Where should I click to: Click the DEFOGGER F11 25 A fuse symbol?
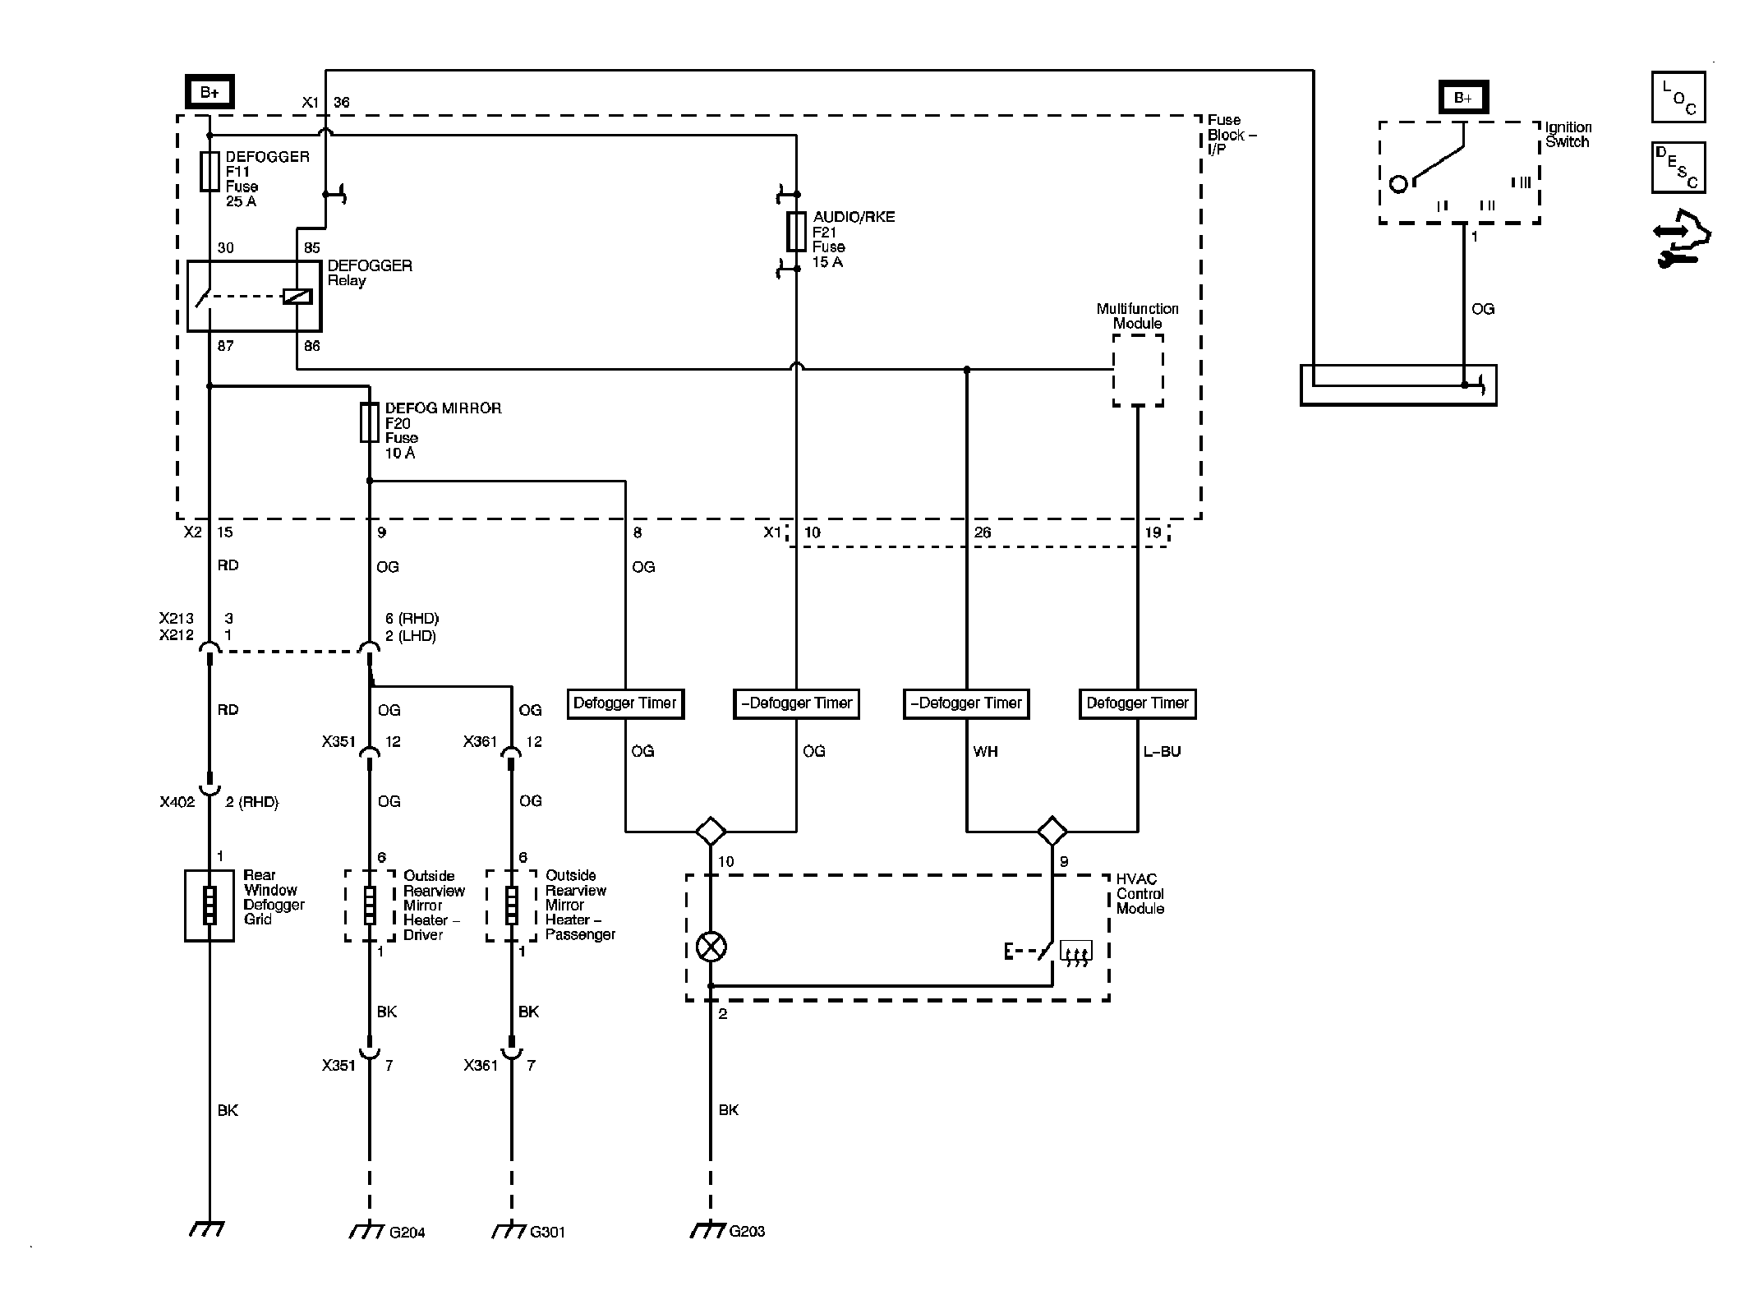209,171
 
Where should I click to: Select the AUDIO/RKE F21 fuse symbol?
796,231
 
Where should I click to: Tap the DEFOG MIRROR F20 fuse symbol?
370,422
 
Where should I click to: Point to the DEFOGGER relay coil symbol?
297,297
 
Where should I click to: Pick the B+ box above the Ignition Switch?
1463,99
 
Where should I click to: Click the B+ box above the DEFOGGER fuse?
209,92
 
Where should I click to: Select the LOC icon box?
1678,97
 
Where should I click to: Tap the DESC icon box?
1678,168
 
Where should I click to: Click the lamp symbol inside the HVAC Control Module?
711,947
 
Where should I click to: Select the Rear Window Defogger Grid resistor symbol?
209,906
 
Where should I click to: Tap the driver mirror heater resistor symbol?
370,906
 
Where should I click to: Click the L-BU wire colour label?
1162,751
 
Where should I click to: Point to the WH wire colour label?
985,751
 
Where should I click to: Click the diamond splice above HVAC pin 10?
711,831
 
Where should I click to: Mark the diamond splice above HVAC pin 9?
1052,831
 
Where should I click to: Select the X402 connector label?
177,802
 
